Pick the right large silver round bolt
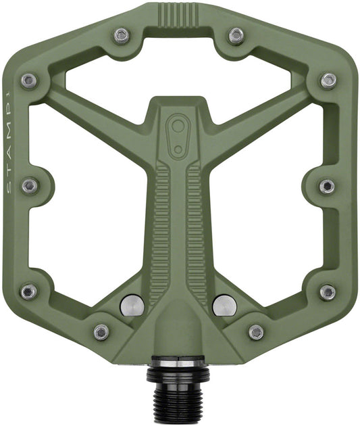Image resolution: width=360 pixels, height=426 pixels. click(224, 306)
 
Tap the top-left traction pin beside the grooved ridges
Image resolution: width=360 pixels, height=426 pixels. click(122, 35)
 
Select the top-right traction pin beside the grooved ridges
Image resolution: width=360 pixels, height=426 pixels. click(236, 36)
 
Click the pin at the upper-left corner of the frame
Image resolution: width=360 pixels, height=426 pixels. click(29, 81)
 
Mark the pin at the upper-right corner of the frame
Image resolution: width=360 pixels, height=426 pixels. click(329, 80)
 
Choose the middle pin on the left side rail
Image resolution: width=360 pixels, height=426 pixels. click(30, 186)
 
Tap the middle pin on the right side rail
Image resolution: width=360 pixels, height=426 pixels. click(327, 186)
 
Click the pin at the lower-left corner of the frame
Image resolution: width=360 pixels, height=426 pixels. click(28, 292)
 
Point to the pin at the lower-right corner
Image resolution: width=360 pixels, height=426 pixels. click(328, 292)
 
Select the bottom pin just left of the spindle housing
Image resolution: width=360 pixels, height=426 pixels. click(101, 332)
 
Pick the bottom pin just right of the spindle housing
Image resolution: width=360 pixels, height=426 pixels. click(257, 332)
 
